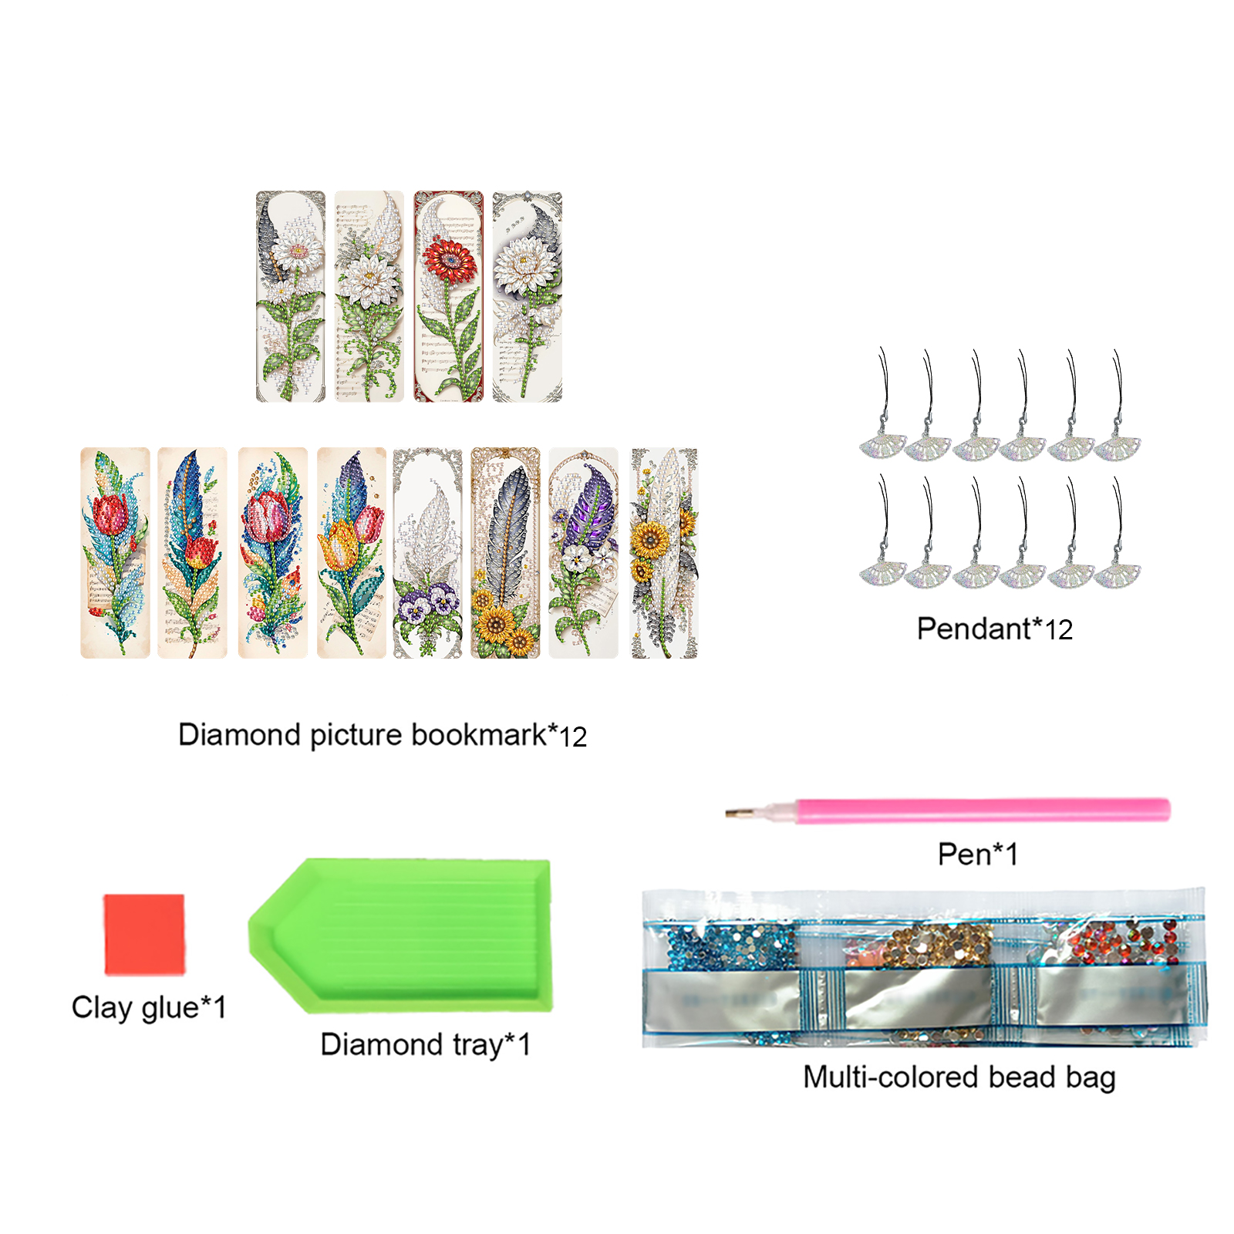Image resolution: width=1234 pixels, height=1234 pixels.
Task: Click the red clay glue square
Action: (x=144, y=934)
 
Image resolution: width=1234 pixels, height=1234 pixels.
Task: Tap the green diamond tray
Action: (x=400, y=936)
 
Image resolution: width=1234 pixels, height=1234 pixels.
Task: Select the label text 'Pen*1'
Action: (x=977, y=854)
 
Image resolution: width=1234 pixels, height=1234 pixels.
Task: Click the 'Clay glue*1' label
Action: (x=149, y=1007)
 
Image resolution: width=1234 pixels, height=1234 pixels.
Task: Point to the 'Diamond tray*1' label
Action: (x=426, y=1044)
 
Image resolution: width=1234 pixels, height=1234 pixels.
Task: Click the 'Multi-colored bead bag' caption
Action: (x=959, y=1077)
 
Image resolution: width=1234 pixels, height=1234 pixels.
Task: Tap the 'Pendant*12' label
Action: (x=994, y=629)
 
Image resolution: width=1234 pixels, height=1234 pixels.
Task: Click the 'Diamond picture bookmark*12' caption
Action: (x=383, y=735)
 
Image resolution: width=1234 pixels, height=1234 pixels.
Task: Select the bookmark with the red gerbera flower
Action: (x=448, y=296)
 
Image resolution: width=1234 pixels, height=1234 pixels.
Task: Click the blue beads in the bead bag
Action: (x=729, y=946)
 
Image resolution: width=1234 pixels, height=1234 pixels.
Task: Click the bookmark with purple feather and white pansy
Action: (x=583, y=552)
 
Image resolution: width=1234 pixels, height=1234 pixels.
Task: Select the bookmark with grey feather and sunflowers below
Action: (x=505, y=552)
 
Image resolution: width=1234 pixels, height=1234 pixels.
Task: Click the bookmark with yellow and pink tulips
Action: (x=352, y=552)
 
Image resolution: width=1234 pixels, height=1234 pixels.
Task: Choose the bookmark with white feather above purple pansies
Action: (x=427, y=552)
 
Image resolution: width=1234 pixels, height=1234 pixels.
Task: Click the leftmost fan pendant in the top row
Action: (x=883, y=405)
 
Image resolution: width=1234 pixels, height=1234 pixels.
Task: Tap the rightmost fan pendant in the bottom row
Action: (x=1117, y=532)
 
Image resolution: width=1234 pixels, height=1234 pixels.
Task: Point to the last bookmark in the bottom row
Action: (x=664, y=552)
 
